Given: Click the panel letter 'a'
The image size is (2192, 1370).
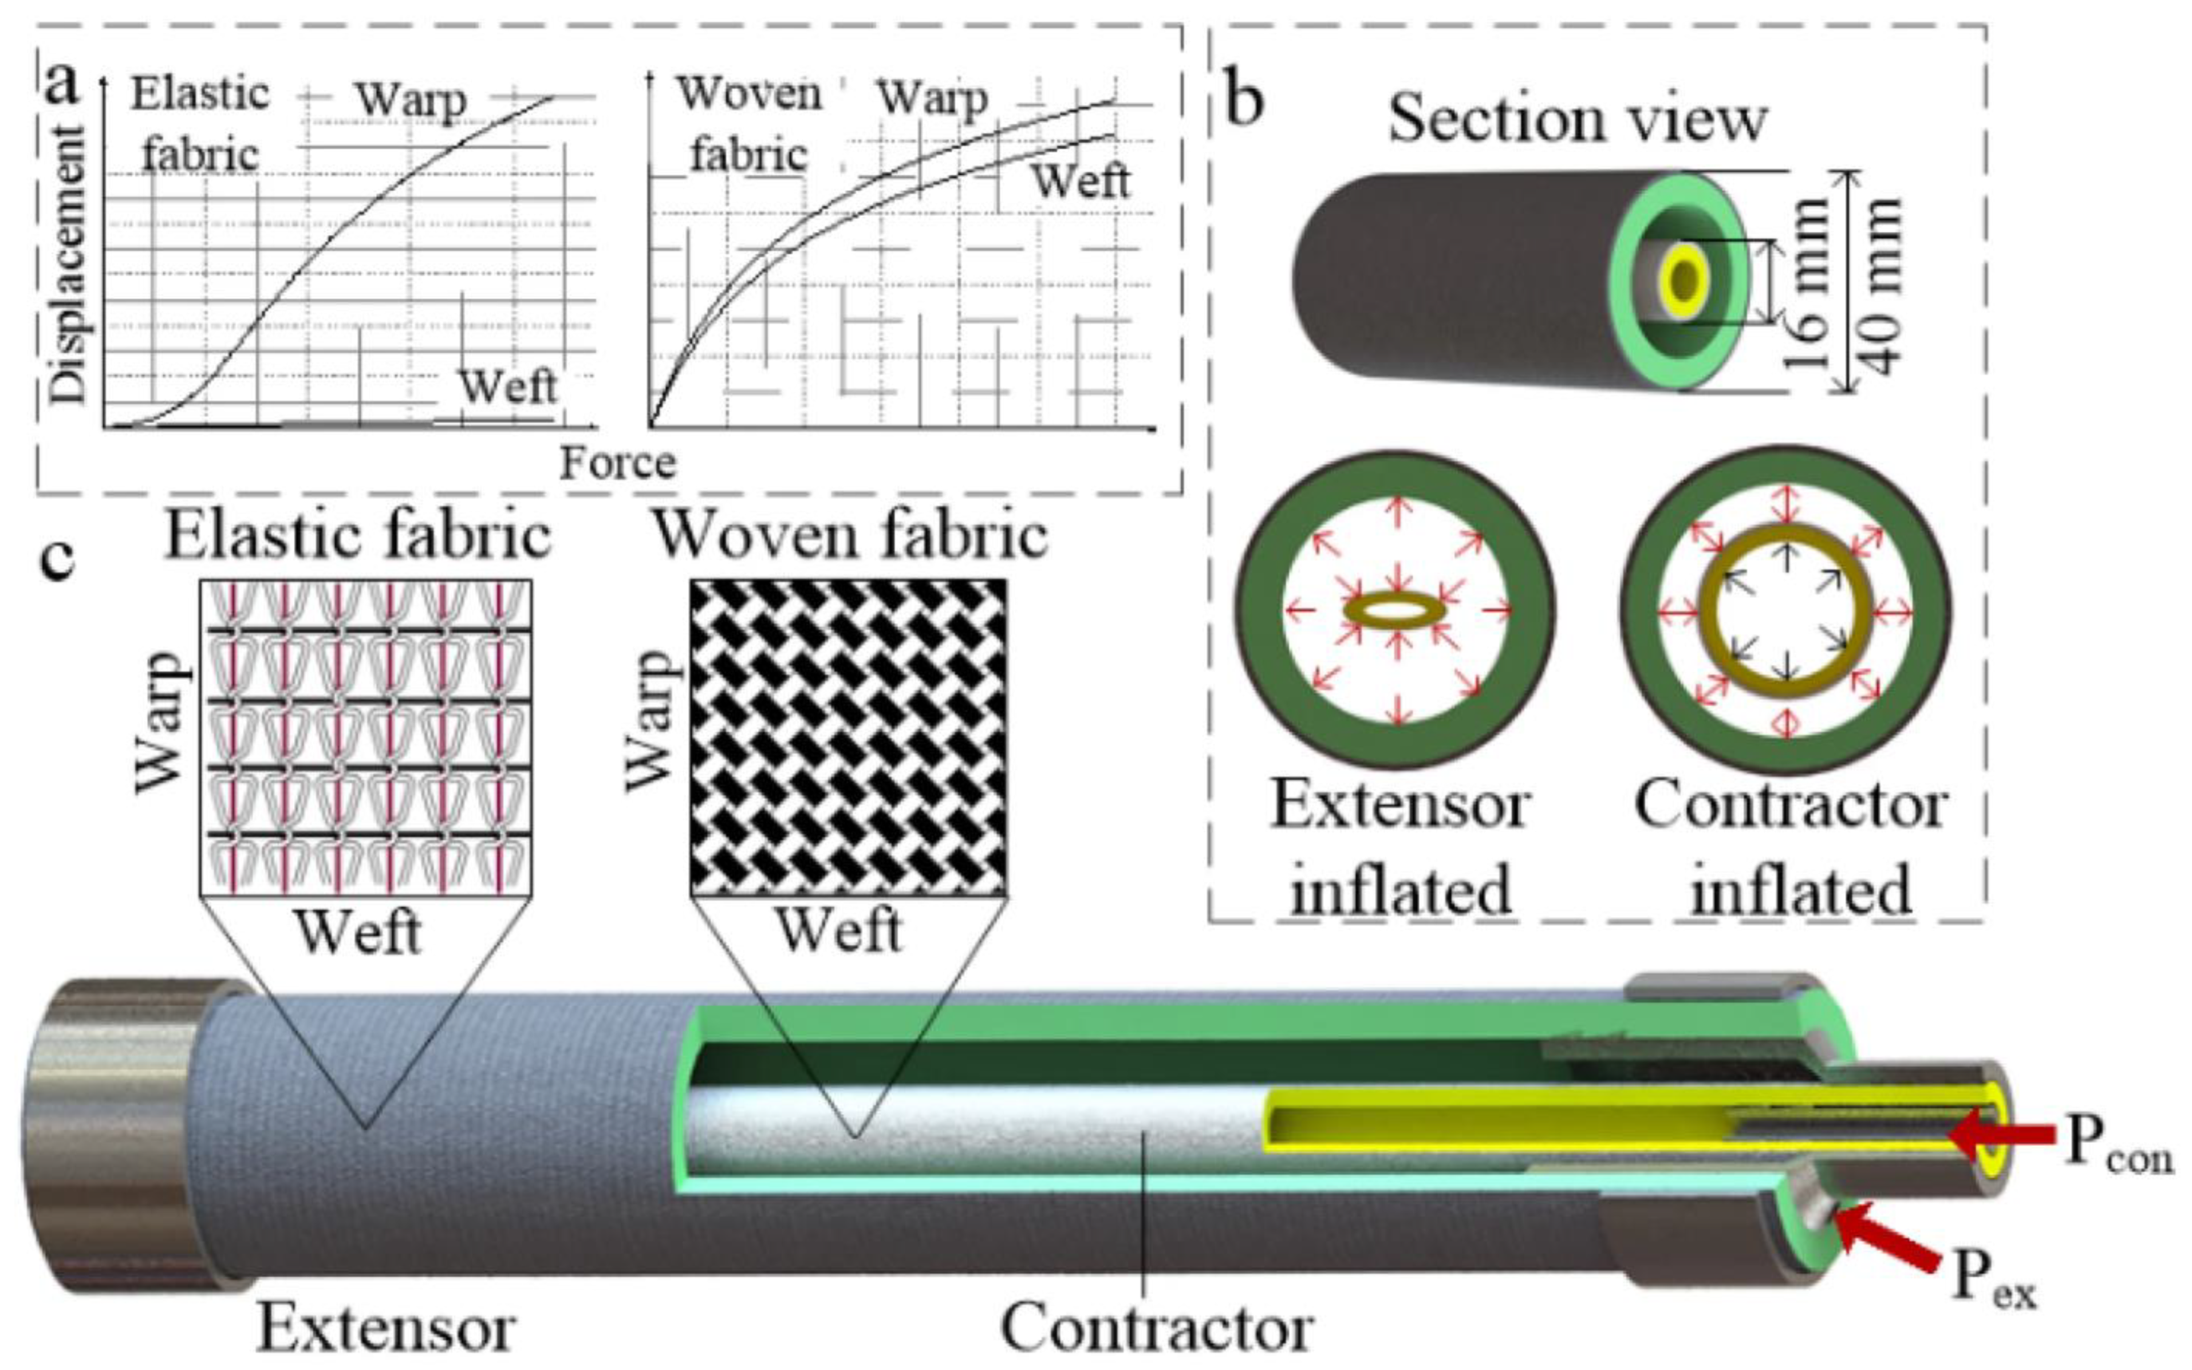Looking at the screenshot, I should (x=62, y=86).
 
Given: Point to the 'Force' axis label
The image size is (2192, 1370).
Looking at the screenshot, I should (x=617, y=463).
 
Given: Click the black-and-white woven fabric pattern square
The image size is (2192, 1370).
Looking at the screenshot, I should (x=848, y=737).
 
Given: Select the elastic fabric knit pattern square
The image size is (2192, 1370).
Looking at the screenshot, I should (x=365, y=737).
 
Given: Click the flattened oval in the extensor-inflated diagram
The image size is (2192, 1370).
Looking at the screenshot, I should (x=1397, y=611).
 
